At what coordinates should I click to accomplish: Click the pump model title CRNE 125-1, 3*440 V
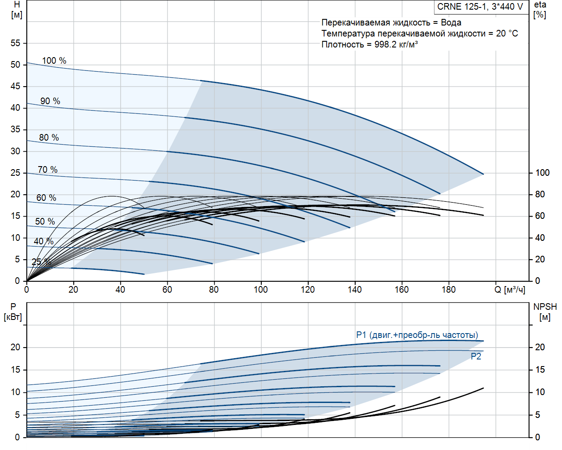[x=480, y=7]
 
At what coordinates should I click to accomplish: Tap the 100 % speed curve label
[x=54, y=61]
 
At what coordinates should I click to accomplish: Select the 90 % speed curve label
[x=50, y=101]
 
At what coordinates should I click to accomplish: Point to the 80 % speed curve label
[x=49, y=138]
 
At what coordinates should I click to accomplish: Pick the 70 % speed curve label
[x=47, y=170]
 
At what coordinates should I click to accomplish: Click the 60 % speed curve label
[x=46, y=198]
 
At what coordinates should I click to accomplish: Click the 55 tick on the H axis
[x=15, y=43]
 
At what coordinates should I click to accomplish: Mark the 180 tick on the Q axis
[x=448, y=290]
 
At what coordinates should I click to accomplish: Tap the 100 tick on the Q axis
[x=261, y=290]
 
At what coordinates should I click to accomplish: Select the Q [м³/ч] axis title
[x=509, y=290]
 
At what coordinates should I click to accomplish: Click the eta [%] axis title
[x=540, y=10]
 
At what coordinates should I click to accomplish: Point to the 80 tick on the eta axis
[x=540, y=194]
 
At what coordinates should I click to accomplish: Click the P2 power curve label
[x=476, y=356]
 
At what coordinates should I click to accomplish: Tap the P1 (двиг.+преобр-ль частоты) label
[x=417, y=335]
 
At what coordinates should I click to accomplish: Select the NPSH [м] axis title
[x=545, y=312]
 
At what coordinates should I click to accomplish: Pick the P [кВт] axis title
[x=13, y=312]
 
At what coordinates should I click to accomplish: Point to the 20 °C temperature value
[x=507, y=33]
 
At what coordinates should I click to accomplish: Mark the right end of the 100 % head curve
[x=483, y=174]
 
